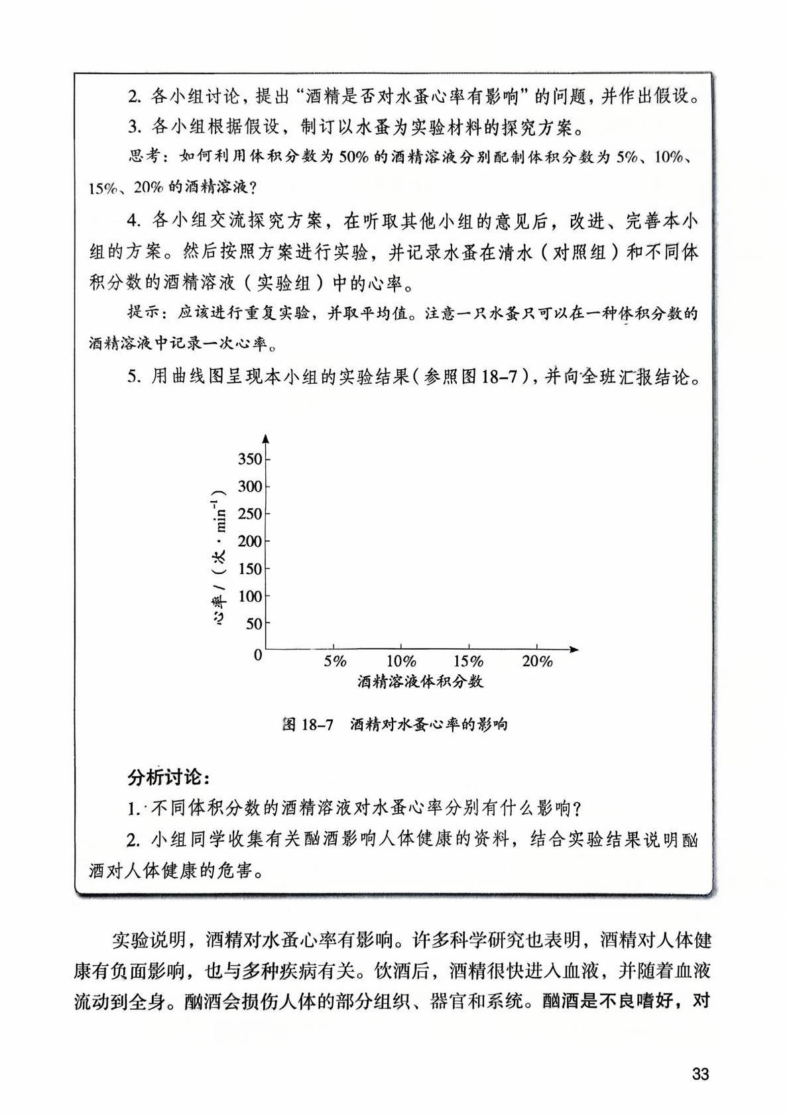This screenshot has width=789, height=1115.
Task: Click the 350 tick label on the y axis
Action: (249, 459)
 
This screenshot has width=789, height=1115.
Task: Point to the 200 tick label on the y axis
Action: (249, 541)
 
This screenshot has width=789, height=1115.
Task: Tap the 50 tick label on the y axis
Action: (253, 623)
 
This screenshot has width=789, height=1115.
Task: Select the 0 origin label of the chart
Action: (258, 655)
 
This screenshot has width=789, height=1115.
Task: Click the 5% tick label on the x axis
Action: (335, 661)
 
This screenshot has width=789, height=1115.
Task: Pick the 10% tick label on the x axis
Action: (401, 661)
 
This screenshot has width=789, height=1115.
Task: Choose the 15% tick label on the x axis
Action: (469, 661)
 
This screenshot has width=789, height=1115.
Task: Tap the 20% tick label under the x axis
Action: (537, 661)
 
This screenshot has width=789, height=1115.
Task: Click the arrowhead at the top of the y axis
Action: (265, 438)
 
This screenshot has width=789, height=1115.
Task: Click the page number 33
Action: (700, 1073)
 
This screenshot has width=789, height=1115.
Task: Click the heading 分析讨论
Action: (169, 777)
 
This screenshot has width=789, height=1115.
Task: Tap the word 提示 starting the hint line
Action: (143, 314)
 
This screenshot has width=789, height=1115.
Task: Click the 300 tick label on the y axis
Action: (249, 487)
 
